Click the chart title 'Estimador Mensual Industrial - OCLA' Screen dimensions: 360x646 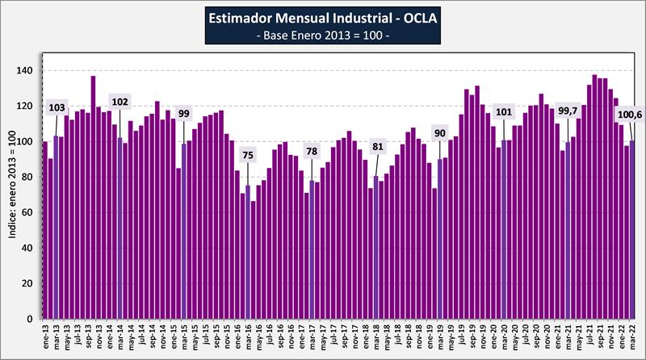[x=322, y=17]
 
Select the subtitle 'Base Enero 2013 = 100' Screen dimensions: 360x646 [x=322, y=37]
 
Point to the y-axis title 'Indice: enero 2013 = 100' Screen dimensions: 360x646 [x=10, y=185]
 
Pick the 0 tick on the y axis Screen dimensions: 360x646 [x=31, y=320]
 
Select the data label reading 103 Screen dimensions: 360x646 [x=57, y=107]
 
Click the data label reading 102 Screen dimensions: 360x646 [x=120, y=102]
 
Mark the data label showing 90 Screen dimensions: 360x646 [x=439, y=132]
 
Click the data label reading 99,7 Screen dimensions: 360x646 [x=568, y=112]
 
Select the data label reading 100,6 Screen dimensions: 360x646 [x=618, y=115]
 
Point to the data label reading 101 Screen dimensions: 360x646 [x=504, y=112]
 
